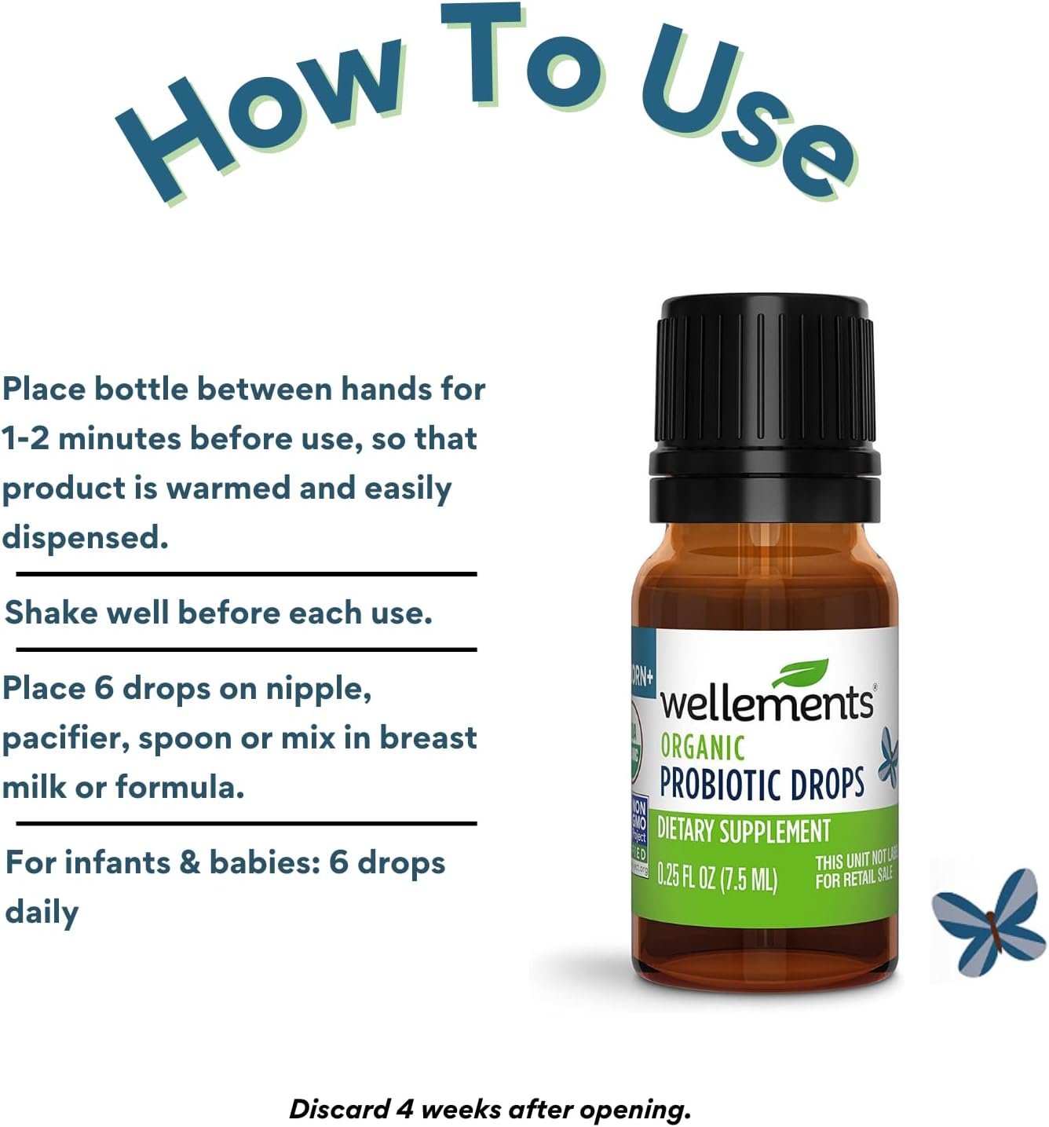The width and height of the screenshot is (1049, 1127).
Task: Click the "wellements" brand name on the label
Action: tap(766, 703)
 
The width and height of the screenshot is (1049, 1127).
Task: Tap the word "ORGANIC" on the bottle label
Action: tap(702, 747)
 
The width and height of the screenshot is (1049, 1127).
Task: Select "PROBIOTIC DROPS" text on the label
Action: tap(762, 784)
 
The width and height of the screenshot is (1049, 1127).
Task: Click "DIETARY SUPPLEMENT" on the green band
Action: tap(744, 831)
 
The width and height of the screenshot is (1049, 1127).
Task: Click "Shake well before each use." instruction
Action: tap(218, 613)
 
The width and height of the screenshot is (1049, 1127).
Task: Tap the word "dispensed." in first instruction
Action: tap(85, 538)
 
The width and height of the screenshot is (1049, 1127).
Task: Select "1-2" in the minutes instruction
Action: tap(25, 438)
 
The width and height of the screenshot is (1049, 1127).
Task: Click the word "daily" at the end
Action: tap(42, 913)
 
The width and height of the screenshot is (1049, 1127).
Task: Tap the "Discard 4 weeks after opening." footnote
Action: tap(489, 1109)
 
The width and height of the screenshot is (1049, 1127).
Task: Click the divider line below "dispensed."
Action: tap(247, 574)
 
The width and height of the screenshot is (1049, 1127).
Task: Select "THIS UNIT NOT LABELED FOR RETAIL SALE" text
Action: tap(855, 871)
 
